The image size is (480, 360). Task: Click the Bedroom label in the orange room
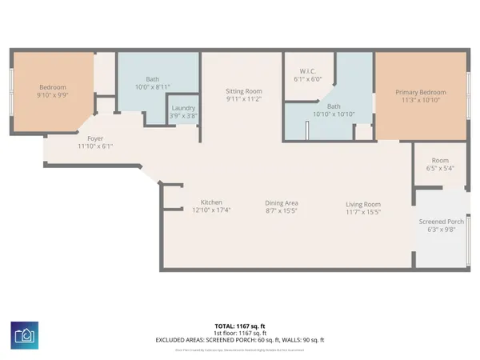54,87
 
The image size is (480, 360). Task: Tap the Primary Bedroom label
422,93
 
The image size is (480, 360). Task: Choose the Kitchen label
211,202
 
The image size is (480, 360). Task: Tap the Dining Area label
282,203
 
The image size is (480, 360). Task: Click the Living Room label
362,203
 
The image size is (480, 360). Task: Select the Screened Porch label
442,222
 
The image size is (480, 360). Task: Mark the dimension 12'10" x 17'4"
211,211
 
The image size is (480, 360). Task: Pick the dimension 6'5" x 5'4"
440,169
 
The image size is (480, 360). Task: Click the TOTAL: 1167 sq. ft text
239,326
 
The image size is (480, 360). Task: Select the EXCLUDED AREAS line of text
239,340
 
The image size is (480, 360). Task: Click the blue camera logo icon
25,334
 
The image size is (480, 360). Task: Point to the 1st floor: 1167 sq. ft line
239,333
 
